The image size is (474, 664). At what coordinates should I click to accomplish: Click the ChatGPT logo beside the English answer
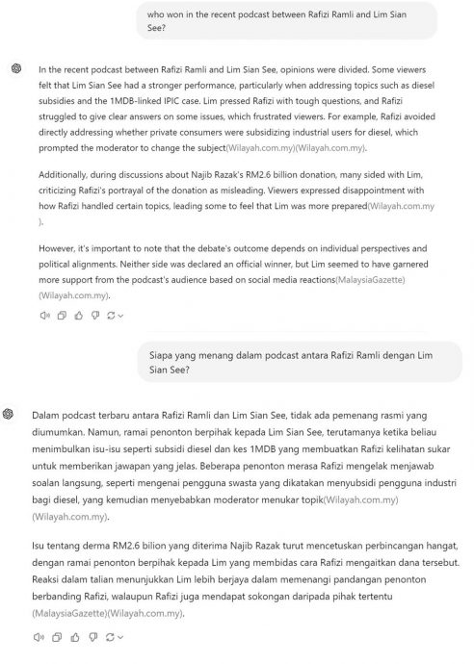coord(14,68)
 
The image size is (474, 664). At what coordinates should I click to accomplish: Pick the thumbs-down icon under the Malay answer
coord(92,637)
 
